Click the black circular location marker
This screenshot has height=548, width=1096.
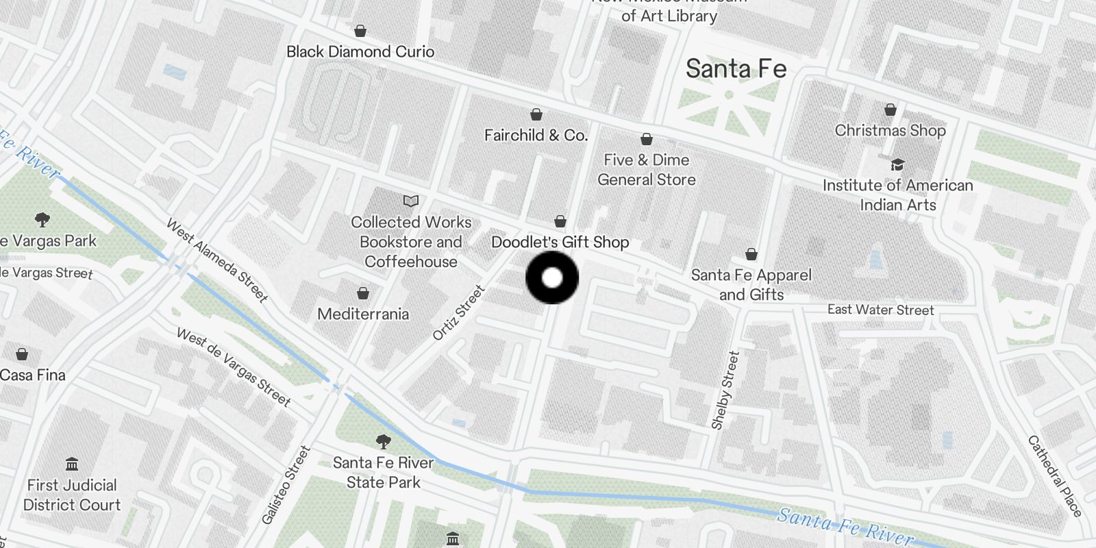click(x=552, y=278)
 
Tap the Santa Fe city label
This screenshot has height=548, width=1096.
click(x=736, y=69)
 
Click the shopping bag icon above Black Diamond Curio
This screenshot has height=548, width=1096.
click(x=360, y=31)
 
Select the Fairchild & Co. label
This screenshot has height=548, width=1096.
click(x=536, y=136)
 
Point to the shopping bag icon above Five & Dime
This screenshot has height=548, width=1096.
click(x=646, y=140)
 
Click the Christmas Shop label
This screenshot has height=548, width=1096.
click(x=890, y=130)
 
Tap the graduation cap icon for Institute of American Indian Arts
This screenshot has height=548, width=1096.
click(x=897, y=164)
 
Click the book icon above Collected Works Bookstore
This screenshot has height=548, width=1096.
click(x=411, y=201)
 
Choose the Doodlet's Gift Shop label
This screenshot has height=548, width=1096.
click(x=560, y=242)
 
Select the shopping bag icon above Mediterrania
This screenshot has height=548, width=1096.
click(x=363, y=294)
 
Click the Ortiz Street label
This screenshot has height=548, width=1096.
click(x=458, y=313)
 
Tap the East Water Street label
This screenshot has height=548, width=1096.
click(x=880, y=310)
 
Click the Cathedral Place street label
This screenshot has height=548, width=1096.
click(x=1055, y=476)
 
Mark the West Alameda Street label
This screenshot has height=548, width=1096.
click(x=216, y=260)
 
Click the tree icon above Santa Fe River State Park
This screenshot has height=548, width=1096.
click(x=384, y=442)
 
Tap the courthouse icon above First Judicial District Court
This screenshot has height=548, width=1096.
click(x=72, y=464)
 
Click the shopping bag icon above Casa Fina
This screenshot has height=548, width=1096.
click(x=22, y=354)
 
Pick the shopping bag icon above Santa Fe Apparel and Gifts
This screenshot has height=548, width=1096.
click(x=751, y=255)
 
